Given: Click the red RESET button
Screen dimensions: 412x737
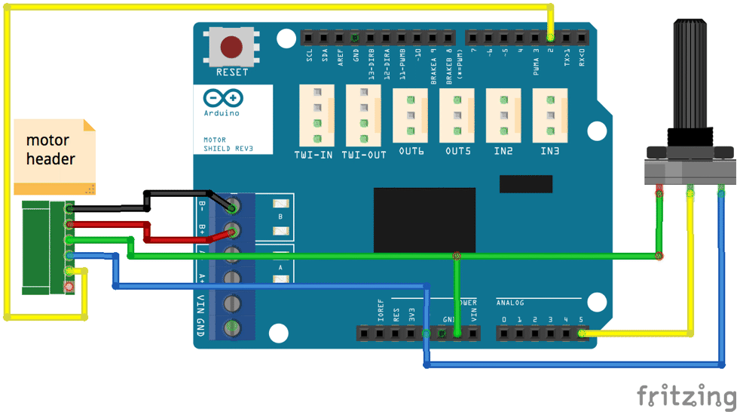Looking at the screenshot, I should [x=231, y=47].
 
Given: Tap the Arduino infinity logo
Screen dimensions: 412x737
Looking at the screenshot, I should [x=223, y=98].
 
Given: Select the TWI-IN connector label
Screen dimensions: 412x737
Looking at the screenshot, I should [x=315, y=155].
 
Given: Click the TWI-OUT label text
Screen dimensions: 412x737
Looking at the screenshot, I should [x=364, y=155].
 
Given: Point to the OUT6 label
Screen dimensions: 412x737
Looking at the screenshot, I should [x=411, y=152].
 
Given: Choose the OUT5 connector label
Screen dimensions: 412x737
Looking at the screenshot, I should [x=457, y=152].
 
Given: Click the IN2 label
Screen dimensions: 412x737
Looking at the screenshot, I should [x=503, y=152].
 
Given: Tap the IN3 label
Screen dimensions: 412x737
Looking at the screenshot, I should [x=550, y=152].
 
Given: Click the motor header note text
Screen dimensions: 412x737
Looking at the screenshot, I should [x=50, y=149].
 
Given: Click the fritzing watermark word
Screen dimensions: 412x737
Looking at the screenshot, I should [x=685, y=396].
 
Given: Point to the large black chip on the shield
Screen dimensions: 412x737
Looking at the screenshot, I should [x=424, y=220].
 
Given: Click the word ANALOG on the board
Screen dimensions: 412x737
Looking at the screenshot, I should [x=509, y=303].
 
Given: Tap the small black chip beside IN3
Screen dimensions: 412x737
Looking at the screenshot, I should [x=526, y=183].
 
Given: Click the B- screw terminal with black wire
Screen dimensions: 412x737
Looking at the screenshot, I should [x=233, y=206].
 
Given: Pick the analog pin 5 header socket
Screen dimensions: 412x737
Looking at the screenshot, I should [x=581, y=332].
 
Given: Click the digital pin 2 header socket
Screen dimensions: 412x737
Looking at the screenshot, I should [x=551, y=37].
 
